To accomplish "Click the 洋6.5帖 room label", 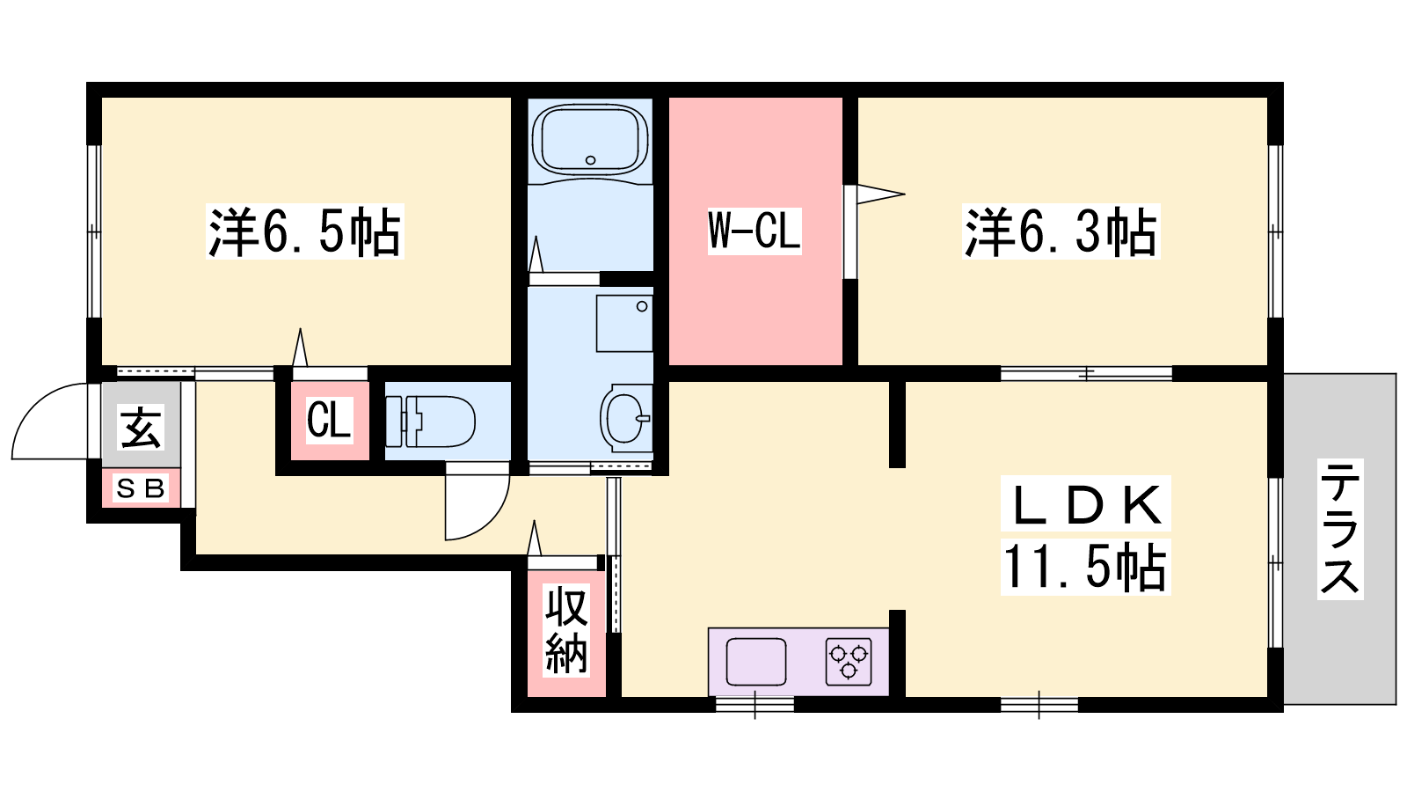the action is (x=304, y=231).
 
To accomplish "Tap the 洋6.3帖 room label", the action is (x=1061, y=231).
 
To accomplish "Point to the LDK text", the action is (x=1086, y=505).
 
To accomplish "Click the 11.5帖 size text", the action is (x=1085, y=567).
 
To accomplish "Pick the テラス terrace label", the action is (x=1340, y=529).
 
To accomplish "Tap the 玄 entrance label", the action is (x=142, y=427).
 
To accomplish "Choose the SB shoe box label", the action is (x=141, y=488).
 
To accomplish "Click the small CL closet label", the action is (x=329, y=419).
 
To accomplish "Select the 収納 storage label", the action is (x=566, y=629).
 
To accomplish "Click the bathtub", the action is (x=590, y=139).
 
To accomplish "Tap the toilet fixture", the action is (x=431, y=422).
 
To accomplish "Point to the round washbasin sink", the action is (x=625, y=418).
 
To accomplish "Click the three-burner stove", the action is (x=849, y=661).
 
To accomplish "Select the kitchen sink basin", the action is (x=756, y=661).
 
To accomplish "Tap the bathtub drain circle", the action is (x=590, y=160).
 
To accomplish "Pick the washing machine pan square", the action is (x=624, y=323).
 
